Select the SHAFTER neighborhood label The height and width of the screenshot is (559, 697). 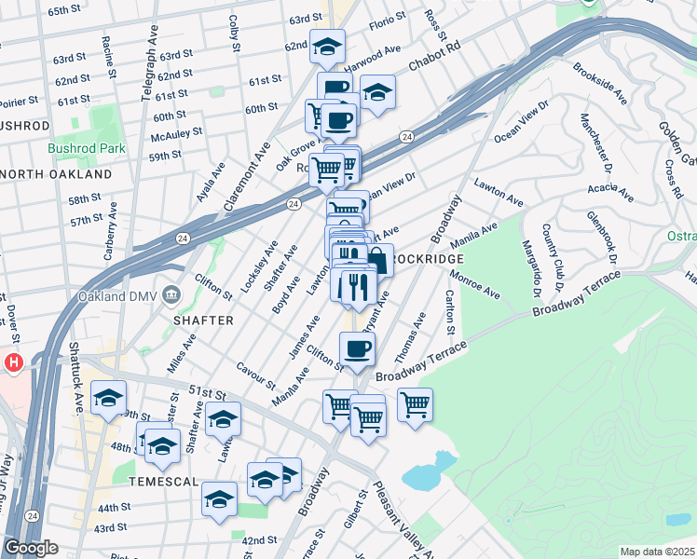tap(202, 320)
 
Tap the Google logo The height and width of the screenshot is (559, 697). tap(31, 548)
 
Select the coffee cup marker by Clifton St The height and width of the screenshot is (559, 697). tap(358, 350)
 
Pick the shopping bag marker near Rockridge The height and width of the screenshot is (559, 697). tap(378, 260)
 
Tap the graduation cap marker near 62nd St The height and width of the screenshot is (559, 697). tap(327, 46)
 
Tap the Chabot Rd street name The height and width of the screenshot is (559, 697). tap(433, 61)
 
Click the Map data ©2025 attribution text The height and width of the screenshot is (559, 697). tap(656, 552)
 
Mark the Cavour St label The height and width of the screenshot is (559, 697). tap(256, 376)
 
